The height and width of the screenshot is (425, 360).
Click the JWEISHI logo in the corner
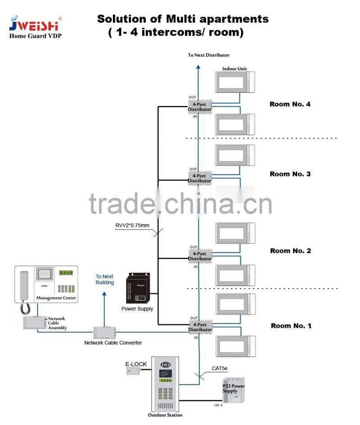tap(35, 25)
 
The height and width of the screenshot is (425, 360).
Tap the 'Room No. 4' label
tap(290, 104)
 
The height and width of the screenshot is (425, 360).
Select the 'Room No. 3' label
tap(290, 174)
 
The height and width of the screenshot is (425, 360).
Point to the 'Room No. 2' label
tap(290, 251)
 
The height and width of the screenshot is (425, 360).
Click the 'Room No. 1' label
tap(291, 326)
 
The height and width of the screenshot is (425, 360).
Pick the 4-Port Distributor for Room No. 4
tap(199, 107)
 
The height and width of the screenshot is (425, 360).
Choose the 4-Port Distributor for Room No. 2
tap(199, 256)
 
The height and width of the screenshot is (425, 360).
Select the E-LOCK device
tap(133, 371)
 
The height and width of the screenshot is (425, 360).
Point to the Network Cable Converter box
tap(104, 333)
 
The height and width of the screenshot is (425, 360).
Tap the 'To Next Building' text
tap(104, 280)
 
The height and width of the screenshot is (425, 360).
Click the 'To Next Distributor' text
tap(208, 55)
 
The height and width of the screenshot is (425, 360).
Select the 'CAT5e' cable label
tap(220, 368)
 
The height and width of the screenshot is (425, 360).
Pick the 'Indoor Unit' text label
tap(234, 69)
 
